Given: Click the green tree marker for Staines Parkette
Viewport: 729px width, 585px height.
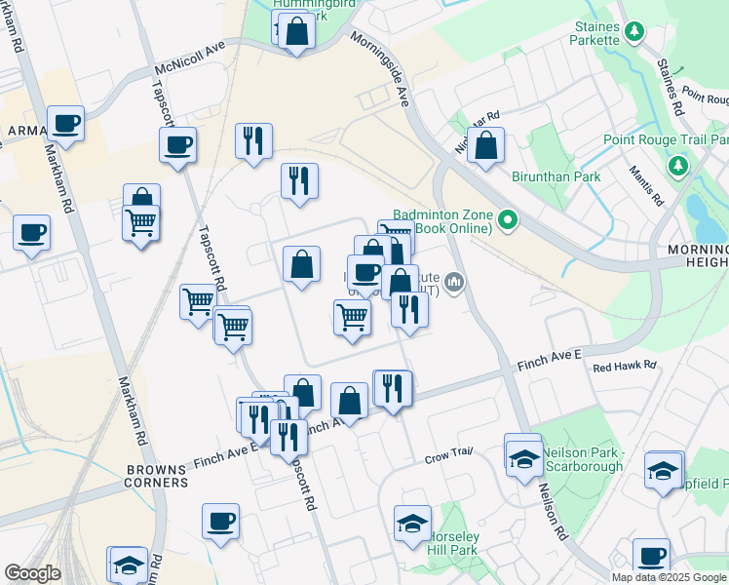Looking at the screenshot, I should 634,31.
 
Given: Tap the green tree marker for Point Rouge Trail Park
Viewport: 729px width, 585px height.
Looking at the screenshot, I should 678,167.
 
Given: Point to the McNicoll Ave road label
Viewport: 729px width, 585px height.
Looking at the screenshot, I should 189,58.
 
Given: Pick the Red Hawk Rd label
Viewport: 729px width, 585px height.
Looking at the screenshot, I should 625,367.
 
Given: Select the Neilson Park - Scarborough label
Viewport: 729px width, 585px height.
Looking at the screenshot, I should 582,460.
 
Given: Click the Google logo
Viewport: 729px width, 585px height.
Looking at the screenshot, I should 32,573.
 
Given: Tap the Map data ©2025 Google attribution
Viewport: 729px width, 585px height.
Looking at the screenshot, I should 670,577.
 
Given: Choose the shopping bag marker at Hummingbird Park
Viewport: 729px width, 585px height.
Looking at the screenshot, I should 295,32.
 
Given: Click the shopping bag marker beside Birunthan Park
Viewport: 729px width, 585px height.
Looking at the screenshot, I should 485,146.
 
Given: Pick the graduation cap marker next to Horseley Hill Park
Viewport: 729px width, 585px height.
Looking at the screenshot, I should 412,525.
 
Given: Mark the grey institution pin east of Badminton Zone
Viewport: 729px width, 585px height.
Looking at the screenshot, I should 453,283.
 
